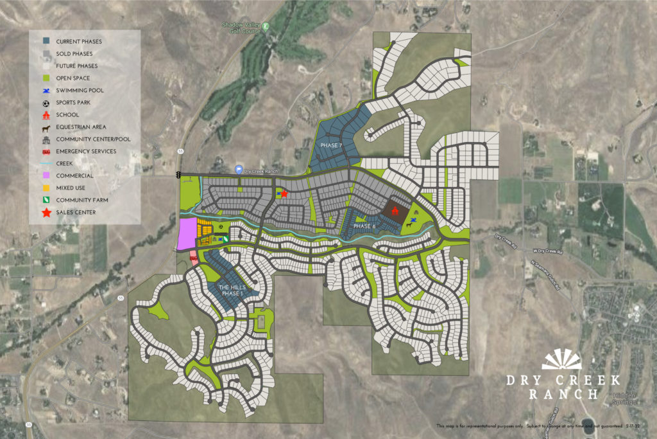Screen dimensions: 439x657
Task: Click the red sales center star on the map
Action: pos(284,193)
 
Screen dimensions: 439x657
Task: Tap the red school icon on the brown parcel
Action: pos(395,210)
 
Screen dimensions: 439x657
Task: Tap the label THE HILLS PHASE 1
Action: pos(232,290)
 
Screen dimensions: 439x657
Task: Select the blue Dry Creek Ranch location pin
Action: pos(239,170)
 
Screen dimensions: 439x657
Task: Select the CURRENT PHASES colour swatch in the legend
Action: pos(44,42)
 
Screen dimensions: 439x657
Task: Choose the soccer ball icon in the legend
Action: pos(44,103)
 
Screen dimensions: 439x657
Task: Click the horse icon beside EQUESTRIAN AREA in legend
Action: pos(44,127)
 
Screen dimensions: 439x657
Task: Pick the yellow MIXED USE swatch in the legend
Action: pos(44,188)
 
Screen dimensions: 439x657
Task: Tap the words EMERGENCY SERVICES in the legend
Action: pos(86,152)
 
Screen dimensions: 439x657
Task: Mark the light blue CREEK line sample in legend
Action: pos(44,164)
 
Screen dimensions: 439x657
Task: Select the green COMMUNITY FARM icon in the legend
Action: pos(44,200)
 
